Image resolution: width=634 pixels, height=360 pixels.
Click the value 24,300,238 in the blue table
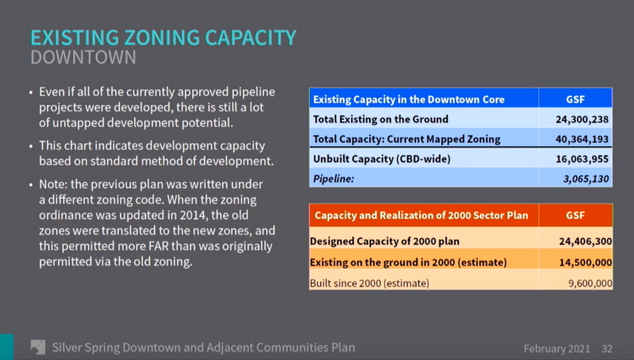[582, 120]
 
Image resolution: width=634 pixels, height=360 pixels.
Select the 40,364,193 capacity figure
[582, 139]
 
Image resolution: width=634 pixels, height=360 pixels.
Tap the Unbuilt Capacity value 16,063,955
[582, 159]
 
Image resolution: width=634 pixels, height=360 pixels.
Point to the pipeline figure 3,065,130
[586, 179]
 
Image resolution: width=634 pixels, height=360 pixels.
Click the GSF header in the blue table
[575, 100]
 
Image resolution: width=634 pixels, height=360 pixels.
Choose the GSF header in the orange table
[575, 215]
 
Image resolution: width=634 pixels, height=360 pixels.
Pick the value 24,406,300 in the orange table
[586, 242]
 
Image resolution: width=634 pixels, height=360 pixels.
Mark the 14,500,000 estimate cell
[586, 263]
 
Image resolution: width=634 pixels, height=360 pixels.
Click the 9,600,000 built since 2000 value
[590, 283]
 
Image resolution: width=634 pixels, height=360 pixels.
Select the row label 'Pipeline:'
[334, 179]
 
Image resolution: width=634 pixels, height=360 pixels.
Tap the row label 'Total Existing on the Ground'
[381, 120]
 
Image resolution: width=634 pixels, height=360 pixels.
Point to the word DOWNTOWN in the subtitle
[84, 58]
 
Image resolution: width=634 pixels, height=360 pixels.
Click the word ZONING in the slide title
[162, 38]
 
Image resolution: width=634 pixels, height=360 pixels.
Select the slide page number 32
[607, 349]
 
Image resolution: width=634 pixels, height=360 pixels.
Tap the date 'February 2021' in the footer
[557, 349]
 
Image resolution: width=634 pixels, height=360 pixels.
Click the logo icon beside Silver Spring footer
[38, 347]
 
